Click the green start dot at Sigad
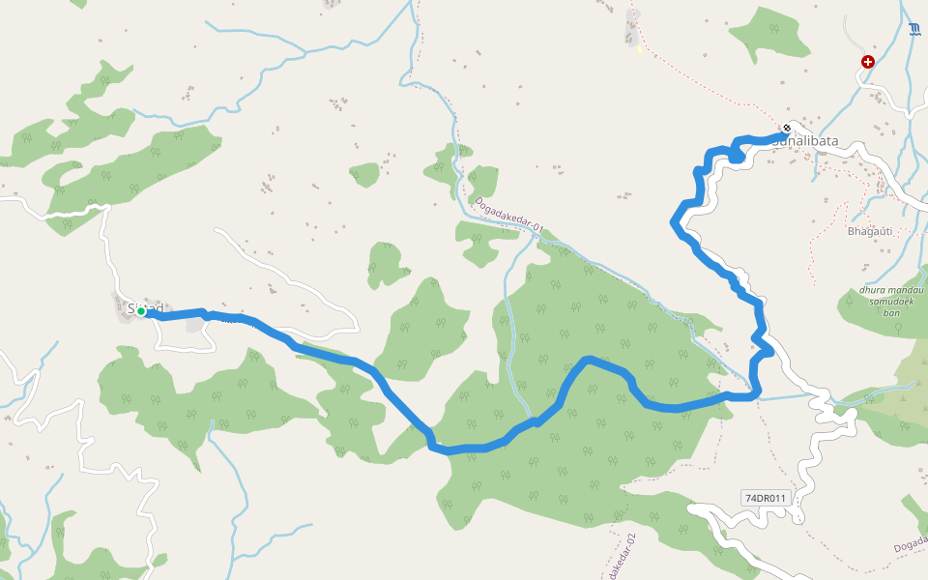[x=141, y=311]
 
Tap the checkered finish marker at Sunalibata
[x=788, y=129]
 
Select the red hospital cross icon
[x=867, y=62]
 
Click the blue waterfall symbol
[x=914, y=30]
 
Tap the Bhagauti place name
[x=869, y=231]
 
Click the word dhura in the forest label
[x=875, y=290]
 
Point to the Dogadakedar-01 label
[x=509, y=216]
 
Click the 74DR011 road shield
[x=766, y=498]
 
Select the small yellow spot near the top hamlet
[x=639, y=49]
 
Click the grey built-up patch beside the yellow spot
[x=632, y=26]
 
